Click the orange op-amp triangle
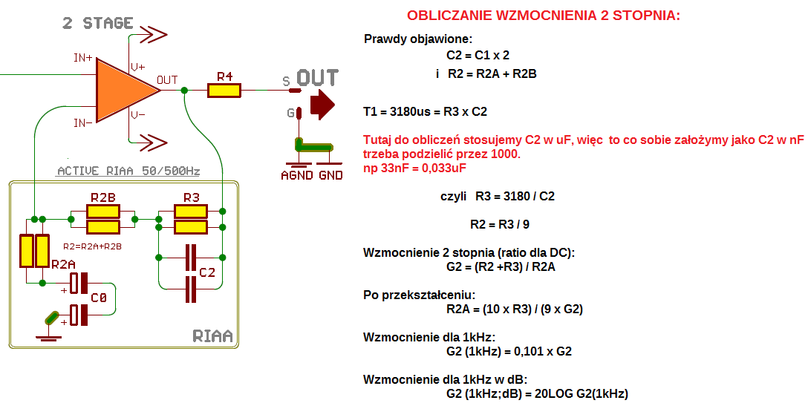123,89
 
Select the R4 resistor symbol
224,91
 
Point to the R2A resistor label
63,263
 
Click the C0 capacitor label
98,298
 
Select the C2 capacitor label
207,273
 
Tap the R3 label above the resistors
191,197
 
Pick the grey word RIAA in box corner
212,336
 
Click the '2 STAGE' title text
98,23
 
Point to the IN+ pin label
82,58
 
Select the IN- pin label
82,122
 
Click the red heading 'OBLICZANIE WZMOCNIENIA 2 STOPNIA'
543,16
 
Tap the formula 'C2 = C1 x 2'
478,55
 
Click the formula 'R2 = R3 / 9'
500,224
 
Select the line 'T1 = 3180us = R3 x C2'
425,112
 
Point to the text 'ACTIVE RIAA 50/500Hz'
128,171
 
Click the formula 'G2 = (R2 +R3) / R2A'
501,266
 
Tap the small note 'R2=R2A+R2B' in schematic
92,246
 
